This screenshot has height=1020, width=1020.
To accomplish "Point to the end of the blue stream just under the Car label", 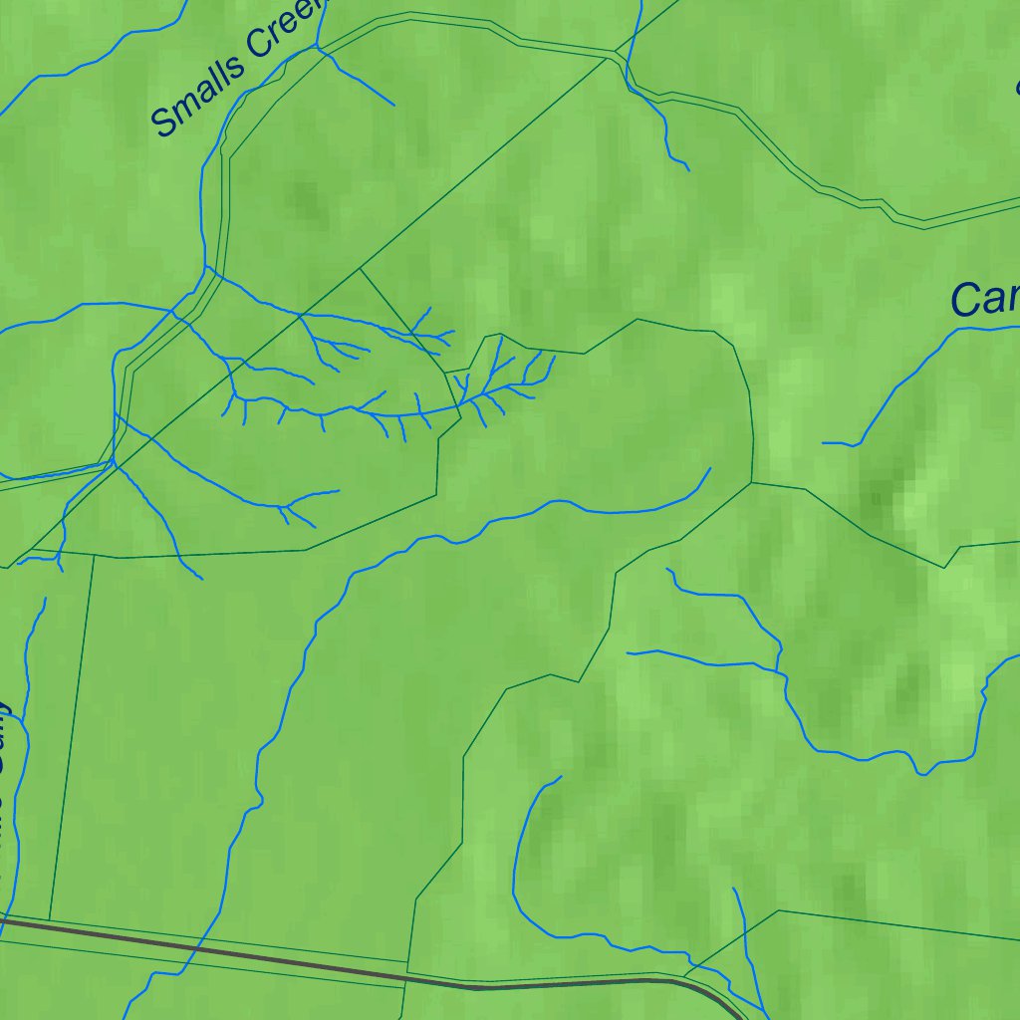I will pos(824,442).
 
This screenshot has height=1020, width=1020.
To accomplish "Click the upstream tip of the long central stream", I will pos(710,468).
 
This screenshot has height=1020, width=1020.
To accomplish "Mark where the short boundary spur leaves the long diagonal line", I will pos(360,268).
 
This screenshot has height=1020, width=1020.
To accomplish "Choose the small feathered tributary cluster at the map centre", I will pos(498,383).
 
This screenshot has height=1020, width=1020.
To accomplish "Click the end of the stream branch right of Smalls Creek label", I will pos(394,105).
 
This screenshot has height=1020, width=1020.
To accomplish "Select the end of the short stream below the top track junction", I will pos(688,169).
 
